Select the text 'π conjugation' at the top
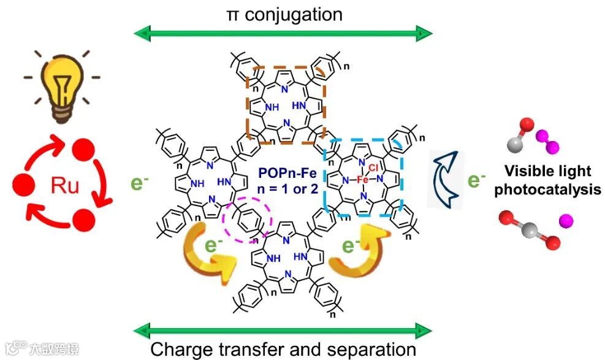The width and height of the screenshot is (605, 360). coord(283,13)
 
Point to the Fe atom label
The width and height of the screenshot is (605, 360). coord(362,180)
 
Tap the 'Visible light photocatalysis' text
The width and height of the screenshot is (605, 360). coord(547,180)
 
